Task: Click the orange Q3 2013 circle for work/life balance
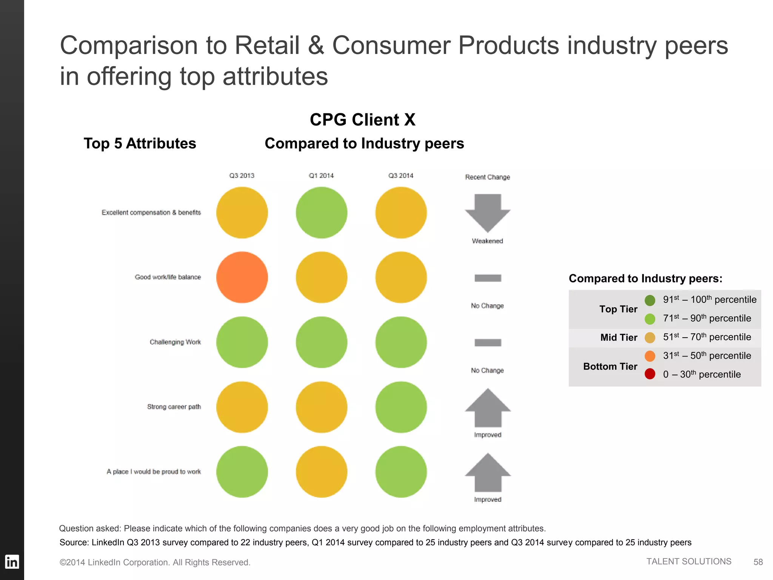(242, 277)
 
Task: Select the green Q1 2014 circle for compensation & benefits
(322, 213)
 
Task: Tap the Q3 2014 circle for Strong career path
(401, 407)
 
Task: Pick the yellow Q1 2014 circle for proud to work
(322, 472)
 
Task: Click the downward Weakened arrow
(488, 212)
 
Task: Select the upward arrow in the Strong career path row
(488, 409)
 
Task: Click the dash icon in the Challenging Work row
(488, 342)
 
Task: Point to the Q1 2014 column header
(321, 176)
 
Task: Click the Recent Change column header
(487, 177)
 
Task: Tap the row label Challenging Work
(175, 342)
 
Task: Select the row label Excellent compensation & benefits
(151, 213)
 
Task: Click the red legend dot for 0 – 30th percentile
(650, 374)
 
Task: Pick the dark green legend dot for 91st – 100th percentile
(650, 300)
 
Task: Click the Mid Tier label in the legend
(619, 337)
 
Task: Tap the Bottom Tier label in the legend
(610, 366)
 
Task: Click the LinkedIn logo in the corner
(12, 562)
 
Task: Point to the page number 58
(758, 562)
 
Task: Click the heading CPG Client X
(362, 120)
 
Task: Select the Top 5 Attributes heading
(140, 143)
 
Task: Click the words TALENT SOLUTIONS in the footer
(689, 561)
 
